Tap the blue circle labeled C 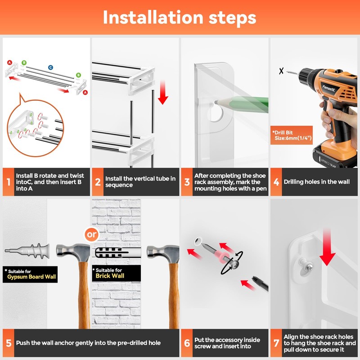[x=50, y=67]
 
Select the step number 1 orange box [x=9, y=182]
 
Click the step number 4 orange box [x=276, y=182]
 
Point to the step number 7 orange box [x=276, y=343]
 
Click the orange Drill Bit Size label [x=292, y=135]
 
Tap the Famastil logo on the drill [x=328, y=88]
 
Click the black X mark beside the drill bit [x=281, y=71]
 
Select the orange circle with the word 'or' [x=92, y=234]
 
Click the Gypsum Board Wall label [x=30, y=274]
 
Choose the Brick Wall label [x=117, y=273]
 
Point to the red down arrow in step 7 [x=328, y=247]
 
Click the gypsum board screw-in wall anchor [x=27, y=251]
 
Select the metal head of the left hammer [x=73, y=252]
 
